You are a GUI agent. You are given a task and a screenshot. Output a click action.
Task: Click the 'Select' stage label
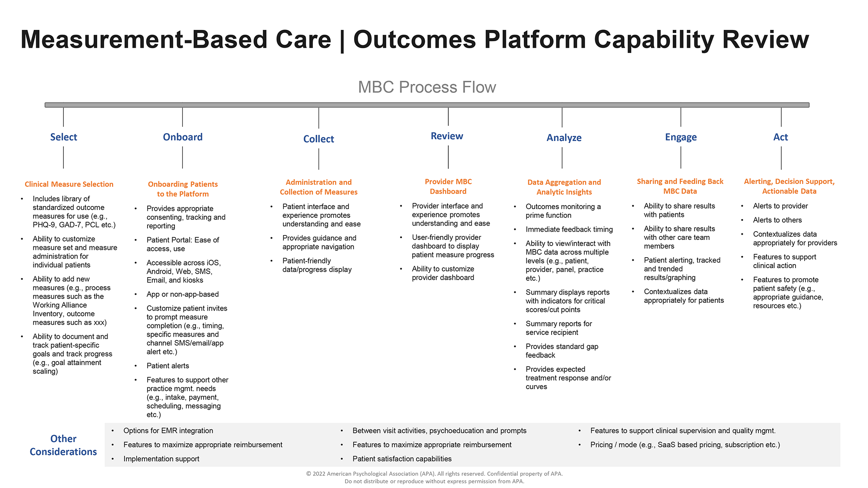coord(63,137)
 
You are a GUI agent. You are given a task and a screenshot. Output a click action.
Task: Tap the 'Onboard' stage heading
coord(183,137)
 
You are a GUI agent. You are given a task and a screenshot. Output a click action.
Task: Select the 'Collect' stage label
coord(319,139)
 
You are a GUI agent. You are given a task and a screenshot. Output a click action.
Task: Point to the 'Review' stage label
coord(447,136)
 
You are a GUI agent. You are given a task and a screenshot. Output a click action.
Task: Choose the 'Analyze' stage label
coord(564,138)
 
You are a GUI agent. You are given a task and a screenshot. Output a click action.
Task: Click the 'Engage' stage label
coord(681,138)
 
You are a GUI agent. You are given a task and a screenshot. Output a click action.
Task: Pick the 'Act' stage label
coord(780,138)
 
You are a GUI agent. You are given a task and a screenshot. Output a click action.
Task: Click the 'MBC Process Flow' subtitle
coord(427,87)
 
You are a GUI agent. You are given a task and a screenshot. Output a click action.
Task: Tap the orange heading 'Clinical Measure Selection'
coord(69,184)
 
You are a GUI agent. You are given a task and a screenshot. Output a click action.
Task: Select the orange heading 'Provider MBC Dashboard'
coord(448,187)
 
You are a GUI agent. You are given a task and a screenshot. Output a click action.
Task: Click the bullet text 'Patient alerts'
coord(168,366)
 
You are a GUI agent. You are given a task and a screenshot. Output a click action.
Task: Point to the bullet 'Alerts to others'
coord(777,220)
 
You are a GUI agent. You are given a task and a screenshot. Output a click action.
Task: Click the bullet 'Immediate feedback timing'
coord(569,229)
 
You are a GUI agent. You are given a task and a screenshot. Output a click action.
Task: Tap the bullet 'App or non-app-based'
coord(182,294)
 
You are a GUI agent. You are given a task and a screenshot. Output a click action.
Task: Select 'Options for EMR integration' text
coord(168,431)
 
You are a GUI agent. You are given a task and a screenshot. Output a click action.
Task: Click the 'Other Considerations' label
coord(63,445)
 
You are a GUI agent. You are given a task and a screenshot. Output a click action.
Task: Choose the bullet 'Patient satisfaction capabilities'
coord(402,459)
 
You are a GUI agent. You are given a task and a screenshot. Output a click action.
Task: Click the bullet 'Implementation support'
coord(161,459)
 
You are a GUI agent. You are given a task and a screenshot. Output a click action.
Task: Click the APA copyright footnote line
coord(434,474)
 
